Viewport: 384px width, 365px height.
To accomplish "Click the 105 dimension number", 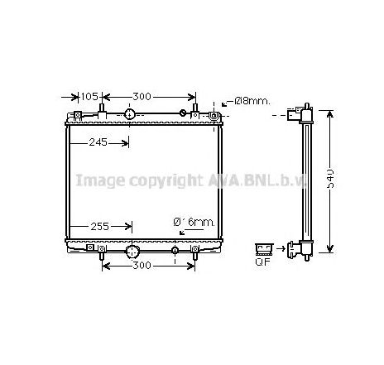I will coord(91,96).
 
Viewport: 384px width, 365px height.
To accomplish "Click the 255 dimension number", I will coord(99,224).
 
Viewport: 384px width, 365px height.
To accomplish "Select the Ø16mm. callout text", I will coord(194,222).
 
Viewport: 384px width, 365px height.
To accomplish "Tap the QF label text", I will coord(264,263).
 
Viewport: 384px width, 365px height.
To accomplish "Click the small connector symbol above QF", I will coord(265,247).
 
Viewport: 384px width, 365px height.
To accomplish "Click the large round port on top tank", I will coord(130,114).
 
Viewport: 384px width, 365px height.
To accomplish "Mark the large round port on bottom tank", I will coord(132,251).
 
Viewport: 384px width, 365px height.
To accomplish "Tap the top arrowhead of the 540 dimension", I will coord(329,109).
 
